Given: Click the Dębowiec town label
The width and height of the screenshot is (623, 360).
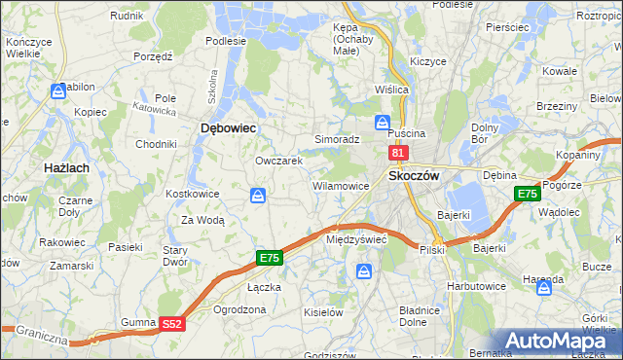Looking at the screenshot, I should pos(227,127).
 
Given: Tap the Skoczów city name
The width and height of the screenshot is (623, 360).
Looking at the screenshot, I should pos(415,175).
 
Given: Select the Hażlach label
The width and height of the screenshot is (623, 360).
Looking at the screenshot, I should pos(67,168).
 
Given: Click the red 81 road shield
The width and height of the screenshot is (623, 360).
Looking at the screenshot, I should pos(397,153).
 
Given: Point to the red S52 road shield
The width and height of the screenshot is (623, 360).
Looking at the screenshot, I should pos(171,324).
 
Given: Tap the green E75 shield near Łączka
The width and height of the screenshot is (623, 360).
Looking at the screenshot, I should pos(270,258).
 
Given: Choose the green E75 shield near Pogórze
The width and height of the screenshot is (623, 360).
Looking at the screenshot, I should pos(527,194).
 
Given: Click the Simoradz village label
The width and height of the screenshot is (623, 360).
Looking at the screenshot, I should pos(337,139).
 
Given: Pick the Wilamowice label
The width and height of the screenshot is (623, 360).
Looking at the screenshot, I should pos(340,185).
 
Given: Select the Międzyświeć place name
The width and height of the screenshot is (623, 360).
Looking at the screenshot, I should pos(356,238).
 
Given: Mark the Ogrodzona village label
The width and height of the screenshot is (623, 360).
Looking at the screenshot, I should pos(238,309).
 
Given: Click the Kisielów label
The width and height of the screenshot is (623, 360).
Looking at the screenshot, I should pos(322,312).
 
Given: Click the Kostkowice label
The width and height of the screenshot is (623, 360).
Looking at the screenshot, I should pos(192,194).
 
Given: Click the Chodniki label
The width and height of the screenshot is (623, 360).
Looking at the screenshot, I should pos(156,144).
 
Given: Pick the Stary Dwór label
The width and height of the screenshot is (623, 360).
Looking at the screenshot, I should pos(174,255).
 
